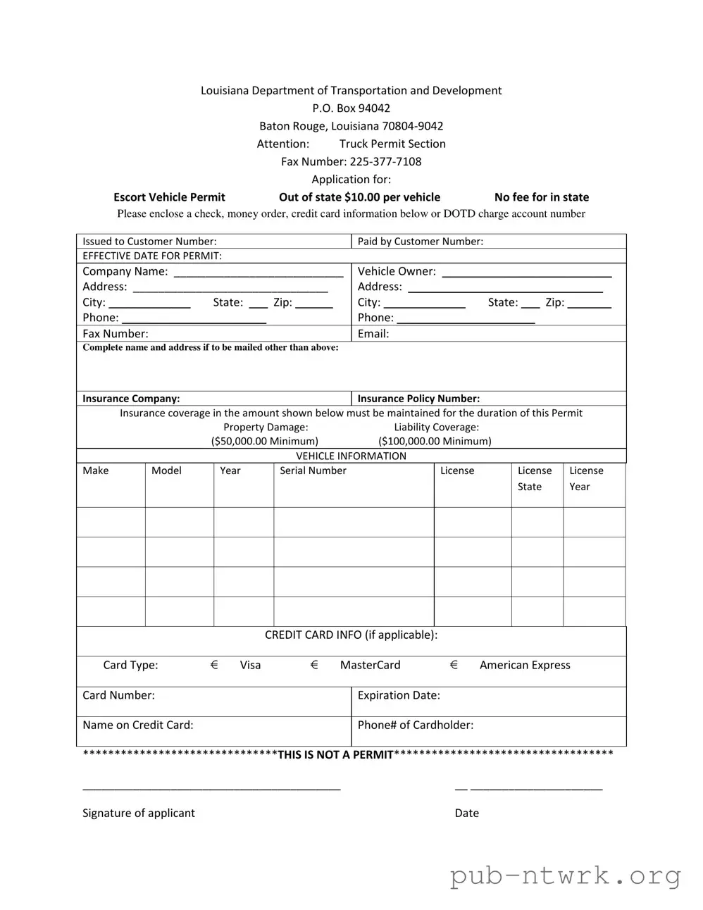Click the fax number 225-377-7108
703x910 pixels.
coord(385,161)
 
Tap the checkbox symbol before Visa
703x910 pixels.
coord(214,665)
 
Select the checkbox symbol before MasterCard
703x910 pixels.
coord(314,665)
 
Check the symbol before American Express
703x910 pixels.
coord(454,665)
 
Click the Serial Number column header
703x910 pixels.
coord(313,470)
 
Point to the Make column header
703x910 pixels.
coord(96,470)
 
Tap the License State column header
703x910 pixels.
coord(534,478)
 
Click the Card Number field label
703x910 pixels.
coord(118,695)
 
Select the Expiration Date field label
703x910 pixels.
coord(399,695)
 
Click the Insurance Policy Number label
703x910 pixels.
coord(418,399)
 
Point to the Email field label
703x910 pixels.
coord(373,334)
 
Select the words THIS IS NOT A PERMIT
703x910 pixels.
coord(335,755)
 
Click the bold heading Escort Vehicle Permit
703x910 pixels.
coord(169,197)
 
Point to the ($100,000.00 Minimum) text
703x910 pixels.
coord(435,442)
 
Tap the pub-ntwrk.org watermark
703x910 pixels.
coord(565,876)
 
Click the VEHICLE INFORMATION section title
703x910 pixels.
coord(351,456)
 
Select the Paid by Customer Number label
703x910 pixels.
coord(420,242)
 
